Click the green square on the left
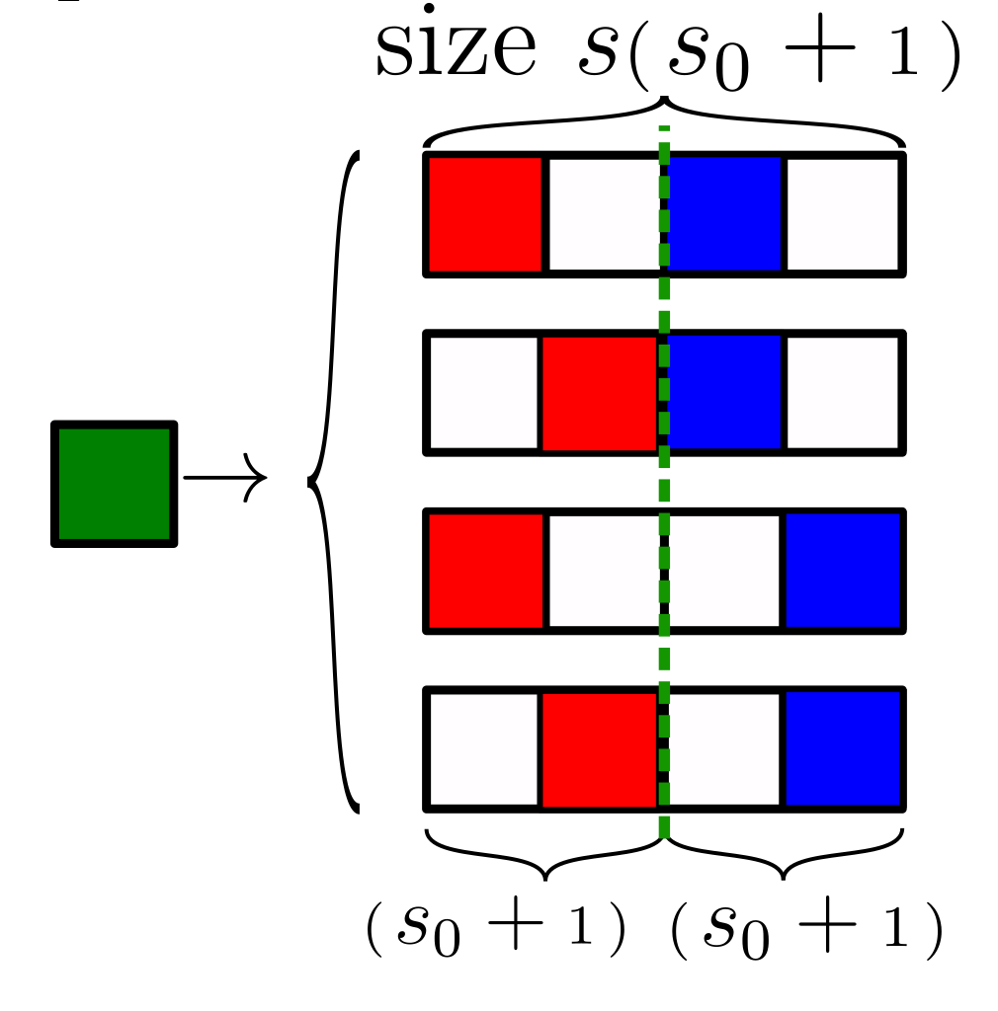coord(114,484)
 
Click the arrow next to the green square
coord(225,480)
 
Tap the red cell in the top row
coord(485,213)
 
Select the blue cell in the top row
coord(725,213)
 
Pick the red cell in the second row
coord(600,392)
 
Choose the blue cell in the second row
coord(725,392)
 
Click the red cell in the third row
coord(485,571)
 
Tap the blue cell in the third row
coord(844,571)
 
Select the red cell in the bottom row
coord(600,748)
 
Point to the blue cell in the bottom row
coord(844,748)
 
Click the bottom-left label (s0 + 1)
coord(496,930)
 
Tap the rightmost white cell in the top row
coord(844,213)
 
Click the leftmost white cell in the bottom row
coord(483,748)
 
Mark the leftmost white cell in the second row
coord(483,392)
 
